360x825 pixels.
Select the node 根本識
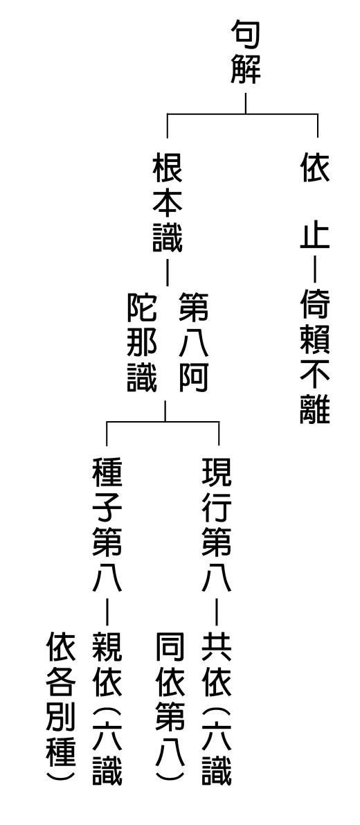tap(167, 203)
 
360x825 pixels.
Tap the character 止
tap(315, 237)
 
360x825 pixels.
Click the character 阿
tap(193, 378)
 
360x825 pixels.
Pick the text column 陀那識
tap(142, 342)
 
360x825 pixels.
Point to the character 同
tap(170, 646)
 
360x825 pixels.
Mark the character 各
tap(61, 681)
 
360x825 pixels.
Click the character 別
tap(61, 715)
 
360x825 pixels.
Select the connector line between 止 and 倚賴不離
tap(314, 270)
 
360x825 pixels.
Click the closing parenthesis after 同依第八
tap(170, 775)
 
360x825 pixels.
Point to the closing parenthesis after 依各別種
tap(61, 775)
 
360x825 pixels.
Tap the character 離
tap(315, 409)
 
